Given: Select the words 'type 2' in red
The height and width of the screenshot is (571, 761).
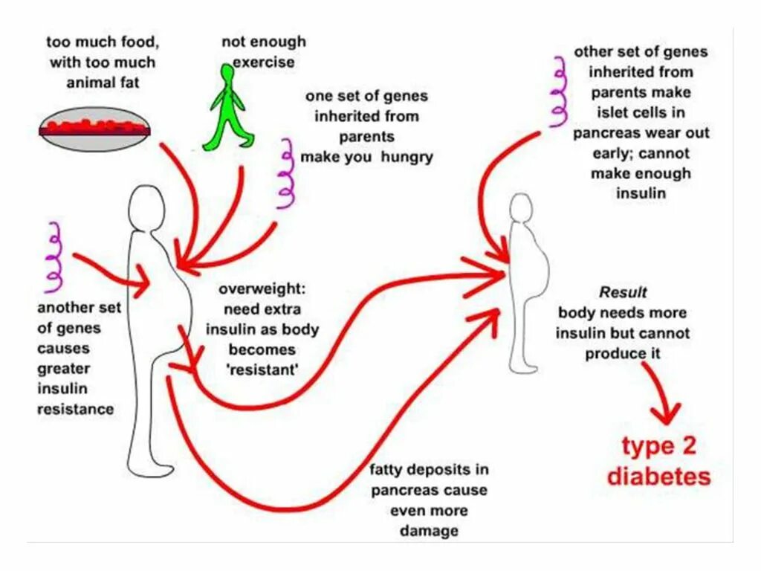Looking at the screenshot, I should [x=658, y=446].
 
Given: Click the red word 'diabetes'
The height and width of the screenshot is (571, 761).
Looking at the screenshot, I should [x=658, y=476].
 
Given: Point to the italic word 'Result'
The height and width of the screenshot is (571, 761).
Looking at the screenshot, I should [x=623, y=292].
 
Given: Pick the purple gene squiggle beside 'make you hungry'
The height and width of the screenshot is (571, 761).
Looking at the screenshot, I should [x=285, y=172].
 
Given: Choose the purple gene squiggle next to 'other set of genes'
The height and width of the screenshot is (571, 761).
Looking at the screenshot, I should [x=559, y=92].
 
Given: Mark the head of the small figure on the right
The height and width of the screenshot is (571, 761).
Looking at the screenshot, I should [x=523, y=211].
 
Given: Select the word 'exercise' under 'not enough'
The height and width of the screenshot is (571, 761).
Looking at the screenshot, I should [x=265, y=62].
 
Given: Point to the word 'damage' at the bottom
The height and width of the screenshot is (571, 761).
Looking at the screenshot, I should [x=429, y=531].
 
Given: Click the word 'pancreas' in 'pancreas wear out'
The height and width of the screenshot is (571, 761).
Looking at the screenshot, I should [x=606, y=133].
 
